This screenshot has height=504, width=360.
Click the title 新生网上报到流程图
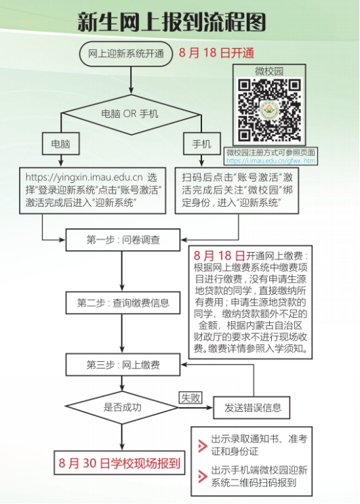coord(172,22)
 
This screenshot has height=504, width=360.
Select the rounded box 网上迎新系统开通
coord(126,54)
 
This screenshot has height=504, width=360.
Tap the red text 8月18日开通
coord(216,53)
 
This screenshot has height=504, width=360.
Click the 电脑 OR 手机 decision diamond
coord(131,114)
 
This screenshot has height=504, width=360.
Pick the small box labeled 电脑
coord(61,144)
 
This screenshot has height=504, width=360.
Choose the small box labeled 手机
coord(202,144)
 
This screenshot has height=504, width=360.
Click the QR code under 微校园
coord(269,110)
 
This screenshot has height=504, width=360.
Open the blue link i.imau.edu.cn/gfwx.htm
coord(271,161)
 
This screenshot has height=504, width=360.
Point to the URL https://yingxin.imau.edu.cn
coord(84,177)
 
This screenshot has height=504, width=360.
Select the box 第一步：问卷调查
coord(123,240)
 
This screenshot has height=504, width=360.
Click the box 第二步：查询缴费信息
coord(123,303)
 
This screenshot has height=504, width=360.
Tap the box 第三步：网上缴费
coord(123,365)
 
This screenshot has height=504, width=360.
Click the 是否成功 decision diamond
coord(122,408)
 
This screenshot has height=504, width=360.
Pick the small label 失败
coord(191,398)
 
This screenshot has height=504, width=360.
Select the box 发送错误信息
coord(252,408)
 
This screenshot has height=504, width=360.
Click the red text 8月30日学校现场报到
coord(119,463)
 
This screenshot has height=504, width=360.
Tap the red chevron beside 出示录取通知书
coord(202,446)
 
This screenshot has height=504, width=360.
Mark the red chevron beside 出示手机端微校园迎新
coord(202,476)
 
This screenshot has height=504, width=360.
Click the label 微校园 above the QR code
coord(269,71)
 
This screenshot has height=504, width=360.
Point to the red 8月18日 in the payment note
coord(219,256)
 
